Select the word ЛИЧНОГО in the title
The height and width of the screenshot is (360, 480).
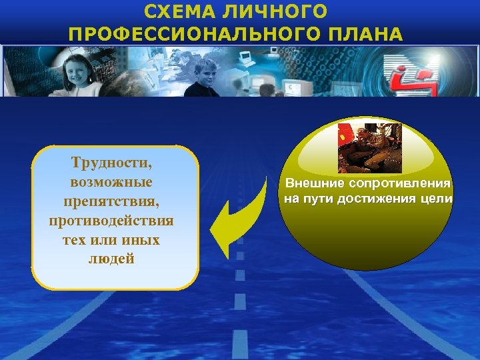pyautogui.click(x=280, y=12)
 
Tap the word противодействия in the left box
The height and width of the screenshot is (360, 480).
pyautogui.click(x=111, y=219)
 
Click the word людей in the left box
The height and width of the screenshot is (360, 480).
pyautogui.click(x=111, y=258)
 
